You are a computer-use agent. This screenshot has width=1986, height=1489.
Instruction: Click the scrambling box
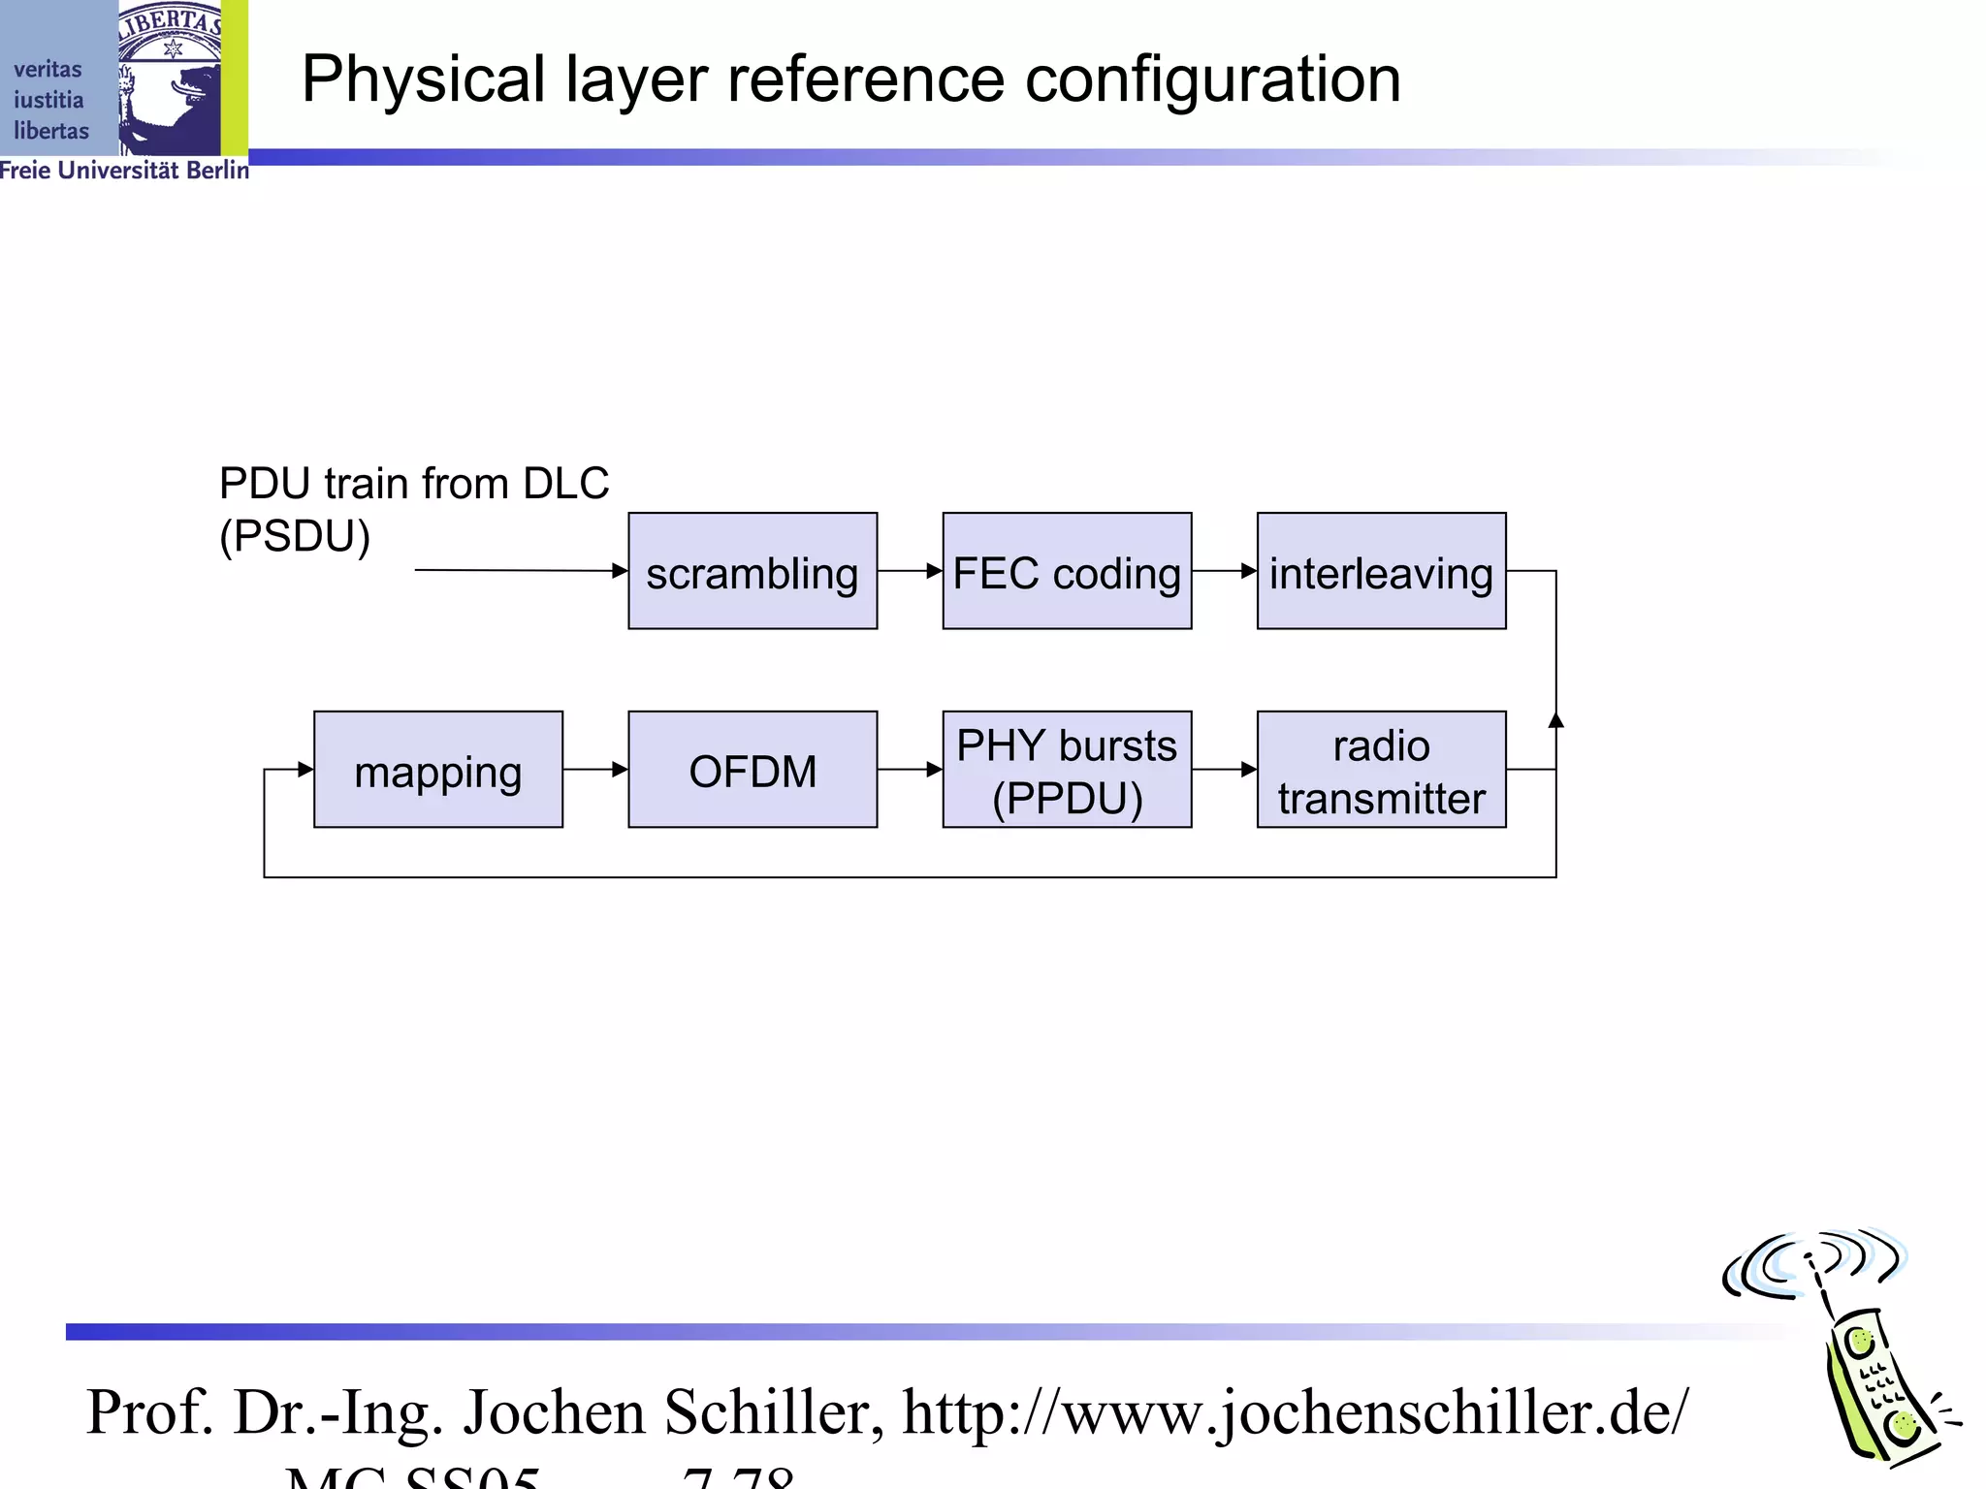[753, 571]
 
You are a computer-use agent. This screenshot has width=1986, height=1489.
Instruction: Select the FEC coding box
[1067, 571]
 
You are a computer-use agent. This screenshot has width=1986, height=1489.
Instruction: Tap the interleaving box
[1381, 571]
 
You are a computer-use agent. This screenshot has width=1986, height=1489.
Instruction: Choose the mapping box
[438, 770]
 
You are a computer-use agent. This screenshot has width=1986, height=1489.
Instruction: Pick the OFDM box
[753, 770]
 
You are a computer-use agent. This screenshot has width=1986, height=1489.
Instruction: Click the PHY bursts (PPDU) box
[1067, 770]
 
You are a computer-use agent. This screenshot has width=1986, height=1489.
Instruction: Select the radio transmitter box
[1381, 770]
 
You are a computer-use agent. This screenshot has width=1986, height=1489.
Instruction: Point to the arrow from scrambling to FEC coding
[910, 571]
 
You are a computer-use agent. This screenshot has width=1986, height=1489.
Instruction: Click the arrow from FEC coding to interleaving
[1224, 571]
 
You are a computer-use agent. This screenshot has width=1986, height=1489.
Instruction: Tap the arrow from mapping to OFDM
[595, 770]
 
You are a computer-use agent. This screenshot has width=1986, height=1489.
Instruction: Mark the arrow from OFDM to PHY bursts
[910, 770]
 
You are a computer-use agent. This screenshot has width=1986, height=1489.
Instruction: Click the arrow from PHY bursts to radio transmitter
[1224, 770]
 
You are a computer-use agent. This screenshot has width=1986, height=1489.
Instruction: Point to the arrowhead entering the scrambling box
[620, 571]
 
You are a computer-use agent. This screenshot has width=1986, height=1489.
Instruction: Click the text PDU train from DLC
[414, 484]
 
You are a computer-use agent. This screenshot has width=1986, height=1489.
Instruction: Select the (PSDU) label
[295, 536]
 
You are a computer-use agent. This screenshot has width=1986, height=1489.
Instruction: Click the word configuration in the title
[1212, 79]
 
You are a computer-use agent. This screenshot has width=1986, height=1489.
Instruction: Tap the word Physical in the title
[424, 79]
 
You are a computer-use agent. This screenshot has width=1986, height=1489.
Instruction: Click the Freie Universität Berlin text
[124, 171]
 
